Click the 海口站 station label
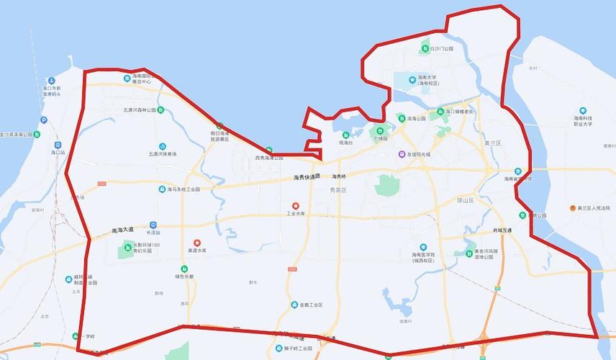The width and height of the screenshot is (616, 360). click(58, 153)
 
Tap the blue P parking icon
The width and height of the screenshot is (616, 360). click(43, 120)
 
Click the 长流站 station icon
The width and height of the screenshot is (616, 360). click(153, 225)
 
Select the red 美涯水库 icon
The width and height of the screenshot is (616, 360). click(197, 243)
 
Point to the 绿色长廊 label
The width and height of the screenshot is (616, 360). click(184, 276)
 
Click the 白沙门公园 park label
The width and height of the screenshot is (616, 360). click(442, 49)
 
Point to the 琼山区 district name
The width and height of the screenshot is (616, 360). click(466, 200)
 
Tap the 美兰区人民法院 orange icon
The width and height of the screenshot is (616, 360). click(572, 208)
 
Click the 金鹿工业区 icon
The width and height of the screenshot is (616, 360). click(294, 305)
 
